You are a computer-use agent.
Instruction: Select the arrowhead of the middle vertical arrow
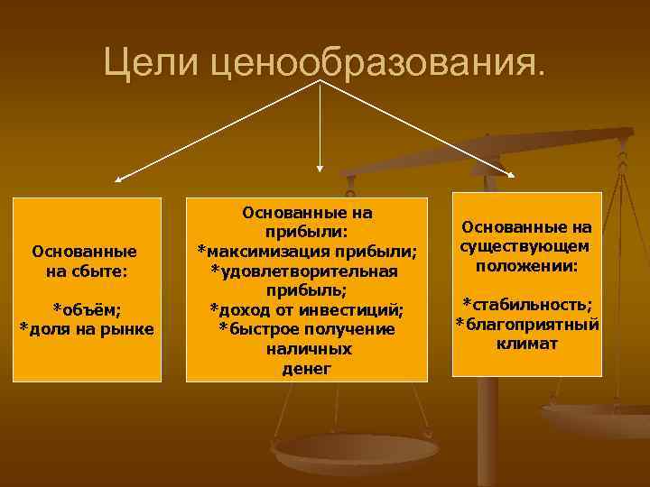[320, 166]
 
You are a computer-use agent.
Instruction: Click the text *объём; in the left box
[88, 308]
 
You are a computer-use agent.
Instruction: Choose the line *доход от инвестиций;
[307, 309]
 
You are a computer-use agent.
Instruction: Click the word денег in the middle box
[307, 369]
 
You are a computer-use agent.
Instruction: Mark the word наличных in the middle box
[307, 349]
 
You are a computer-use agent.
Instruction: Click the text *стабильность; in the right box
[527, 305]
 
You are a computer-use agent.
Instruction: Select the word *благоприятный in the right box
[527, 324]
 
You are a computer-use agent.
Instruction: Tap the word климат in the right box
[527, 344]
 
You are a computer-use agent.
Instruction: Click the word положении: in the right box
[527, 266]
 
